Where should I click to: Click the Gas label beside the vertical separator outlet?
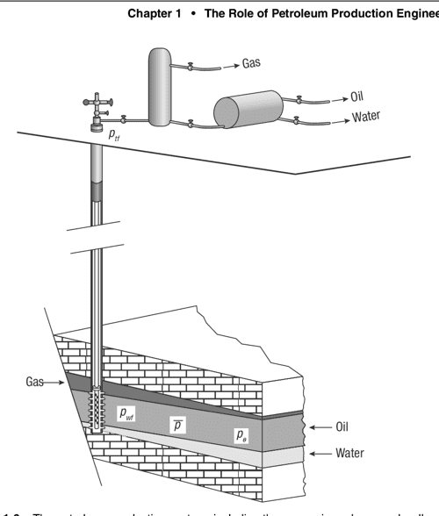254,65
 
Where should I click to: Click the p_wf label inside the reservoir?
126,412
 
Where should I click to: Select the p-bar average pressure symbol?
177,425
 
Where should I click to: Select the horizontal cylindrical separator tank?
247,109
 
